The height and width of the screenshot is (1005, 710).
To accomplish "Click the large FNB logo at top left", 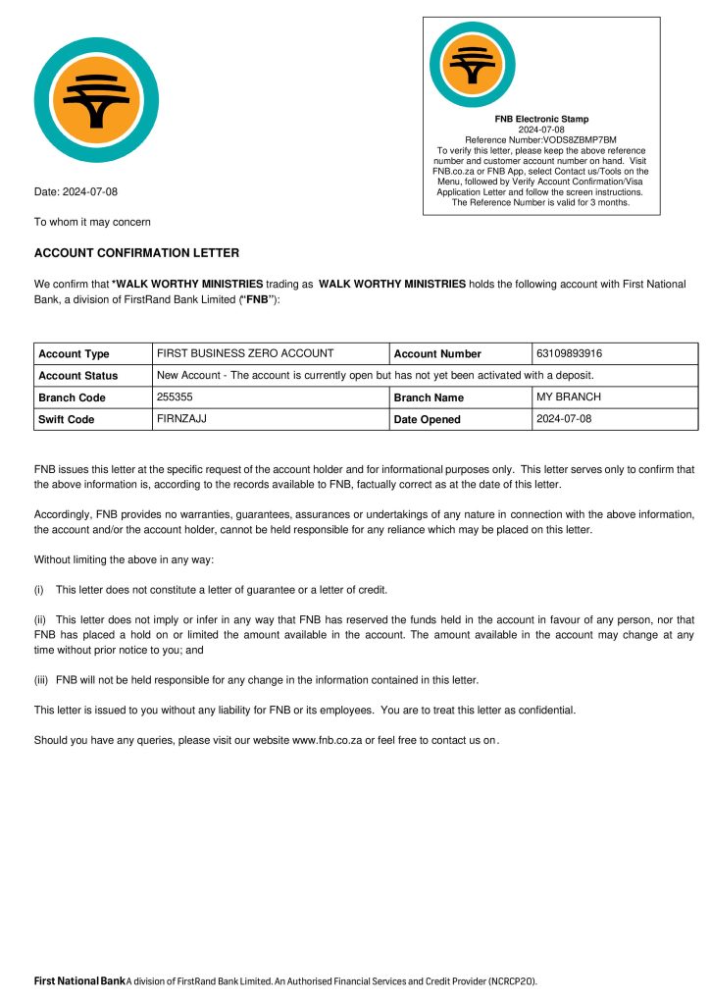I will tap(96, 99).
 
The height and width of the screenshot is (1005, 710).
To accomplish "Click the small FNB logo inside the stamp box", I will tap(472, 65).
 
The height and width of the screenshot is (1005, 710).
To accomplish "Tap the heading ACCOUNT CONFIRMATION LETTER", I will tap(136, 253).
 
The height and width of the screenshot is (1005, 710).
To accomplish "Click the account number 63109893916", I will tap(570, 352).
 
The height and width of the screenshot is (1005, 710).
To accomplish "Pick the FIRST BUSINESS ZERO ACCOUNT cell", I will tap(245, 352).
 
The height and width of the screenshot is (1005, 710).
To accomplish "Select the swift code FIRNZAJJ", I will tap(177, 418).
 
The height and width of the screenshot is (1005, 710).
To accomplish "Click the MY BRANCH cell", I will tap(569, 397).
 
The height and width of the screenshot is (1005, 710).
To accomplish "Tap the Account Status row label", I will tap(77, 375).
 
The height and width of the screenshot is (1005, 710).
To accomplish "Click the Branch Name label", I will tap(429, 397).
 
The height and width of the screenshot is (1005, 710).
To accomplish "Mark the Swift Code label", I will tap(66, 419).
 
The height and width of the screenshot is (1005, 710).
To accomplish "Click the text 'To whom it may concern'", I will tap(92, 222).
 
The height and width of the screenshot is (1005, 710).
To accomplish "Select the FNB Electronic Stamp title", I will tap(541, 119).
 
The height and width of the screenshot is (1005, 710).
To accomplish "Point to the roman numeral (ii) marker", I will tap(40, 619).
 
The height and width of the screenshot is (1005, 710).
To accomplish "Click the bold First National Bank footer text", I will tap(79, 980).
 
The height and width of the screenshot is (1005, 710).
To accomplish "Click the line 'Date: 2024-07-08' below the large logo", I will tap(76, 191).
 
